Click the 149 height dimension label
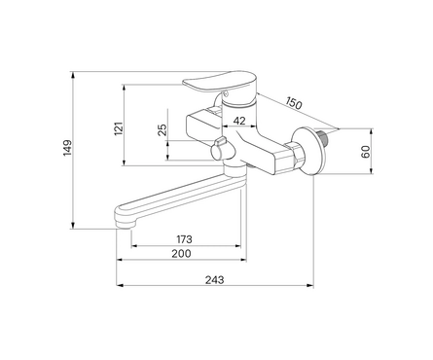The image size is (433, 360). click(x=67, y=148)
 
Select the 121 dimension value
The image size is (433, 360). click(x=120, y=128)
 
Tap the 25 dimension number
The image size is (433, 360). click(x=163, y=129)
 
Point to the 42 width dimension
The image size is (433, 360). click(x=239, y=121)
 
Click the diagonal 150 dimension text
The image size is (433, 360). click(x=294, y=103)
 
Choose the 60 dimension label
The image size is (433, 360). click(x=366, y=152)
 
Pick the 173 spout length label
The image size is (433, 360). click(x=184, y=239)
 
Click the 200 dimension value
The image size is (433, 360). click(x=181, y=253)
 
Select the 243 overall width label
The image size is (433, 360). click(x=214, y=279)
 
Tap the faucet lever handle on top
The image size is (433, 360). click(x=220, y=82)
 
